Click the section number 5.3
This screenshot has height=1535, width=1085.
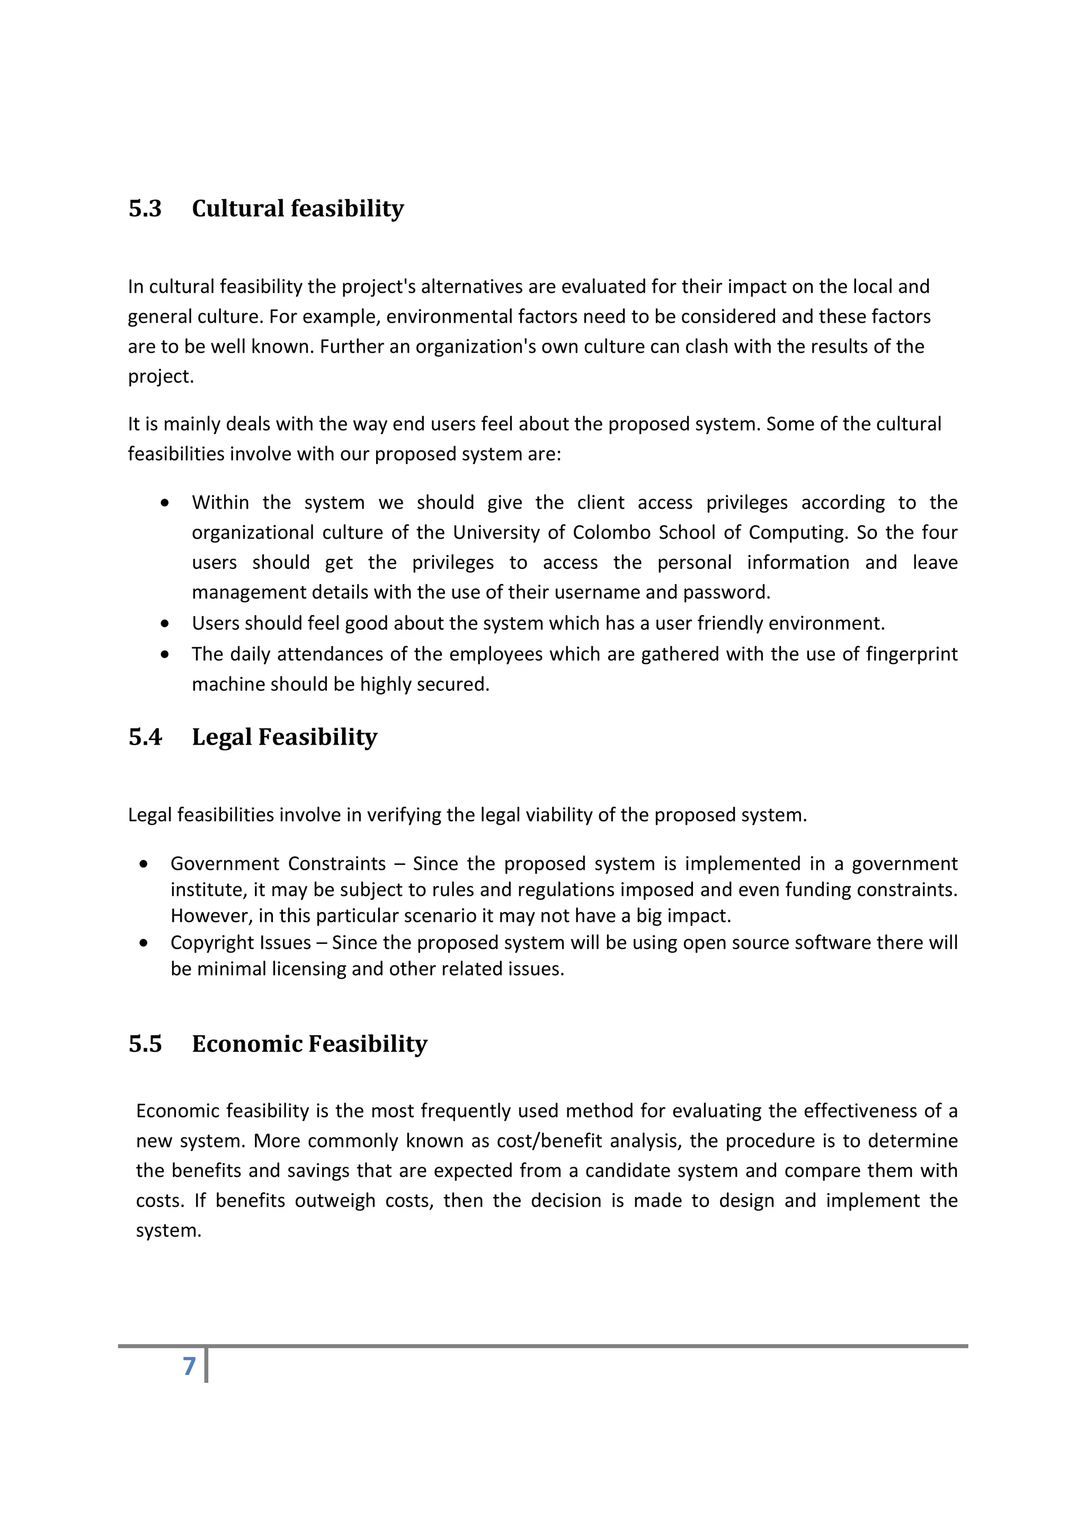click(x=145, y=209)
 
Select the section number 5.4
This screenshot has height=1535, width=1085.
click(x=145, y=737)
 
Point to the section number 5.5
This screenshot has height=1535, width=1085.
click(x=145, y=1043)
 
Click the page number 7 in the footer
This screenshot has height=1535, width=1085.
click(x=189, y=1366)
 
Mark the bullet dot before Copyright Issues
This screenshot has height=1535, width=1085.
click(x=144, y=943)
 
